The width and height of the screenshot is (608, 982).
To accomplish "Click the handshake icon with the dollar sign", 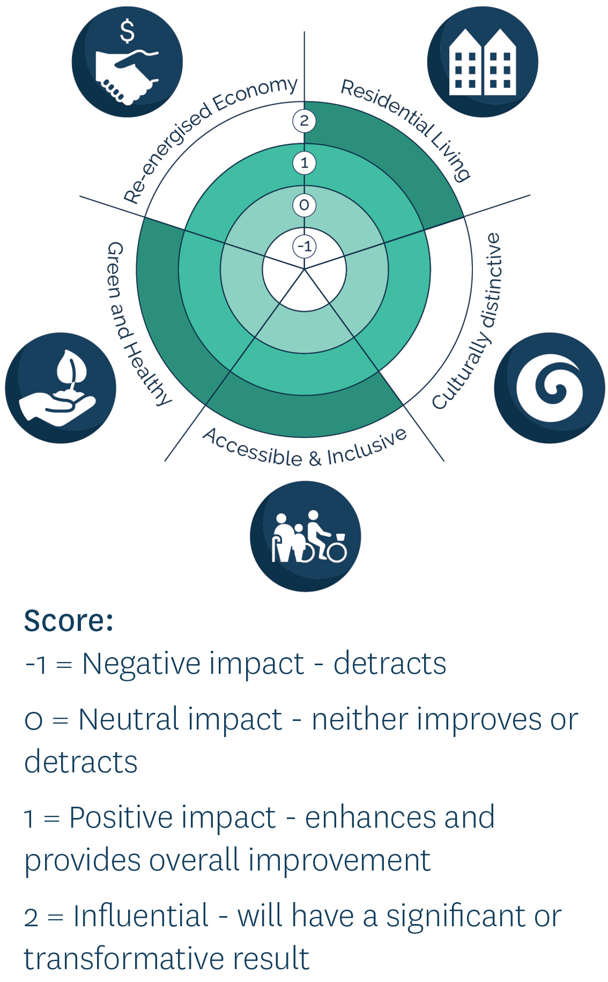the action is (127, 62).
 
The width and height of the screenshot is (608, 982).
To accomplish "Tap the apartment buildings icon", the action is (483, 62).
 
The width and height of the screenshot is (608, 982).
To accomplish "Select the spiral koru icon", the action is (550, 388).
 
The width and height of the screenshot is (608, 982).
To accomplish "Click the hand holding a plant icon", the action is (61, 388).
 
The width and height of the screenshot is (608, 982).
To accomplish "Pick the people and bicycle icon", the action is (306, 536).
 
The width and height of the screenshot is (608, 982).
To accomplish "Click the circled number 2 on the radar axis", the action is (304, 121).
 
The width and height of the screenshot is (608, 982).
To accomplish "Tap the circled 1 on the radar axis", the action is (304, 163).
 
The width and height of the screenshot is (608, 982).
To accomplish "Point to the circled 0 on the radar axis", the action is (304, 205).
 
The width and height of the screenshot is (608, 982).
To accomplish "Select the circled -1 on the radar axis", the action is (304, 247).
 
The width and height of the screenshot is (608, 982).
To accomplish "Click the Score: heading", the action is (69, 621).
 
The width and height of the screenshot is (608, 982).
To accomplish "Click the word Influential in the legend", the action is (141, 916).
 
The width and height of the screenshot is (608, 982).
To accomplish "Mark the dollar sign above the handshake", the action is (127, 31).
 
